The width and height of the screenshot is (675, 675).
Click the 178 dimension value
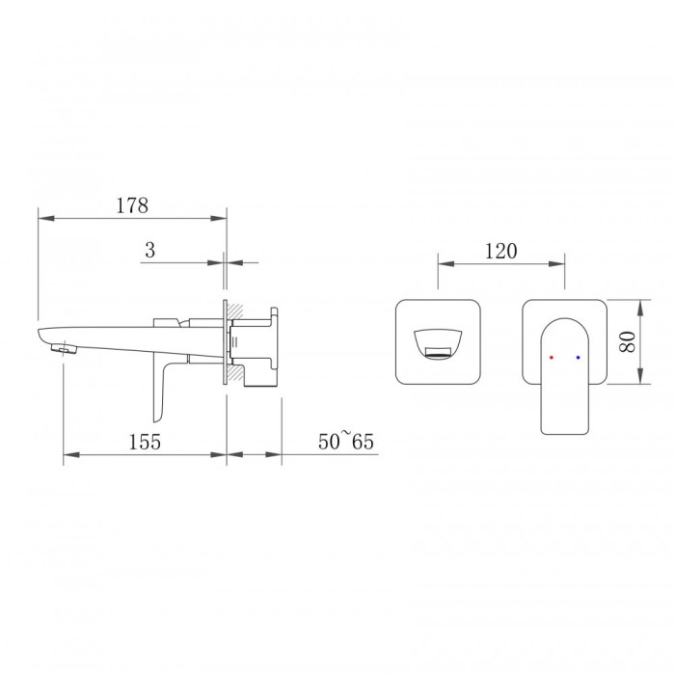[x=132, y=205]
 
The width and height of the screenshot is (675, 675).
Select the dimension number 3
[x=149, y=250]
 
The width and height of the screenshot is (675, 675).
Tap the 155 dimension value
[x=145, y=442]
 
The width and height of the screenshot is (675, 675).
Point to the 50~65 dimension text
[x=346, y=442]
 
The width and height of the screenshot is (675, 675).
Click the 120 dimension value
[x=501, y=251]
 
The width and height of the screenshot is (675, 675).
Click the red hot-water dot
[x=552, y=358]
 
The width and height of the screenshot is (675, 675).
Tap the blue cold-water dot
[x=578, y=358]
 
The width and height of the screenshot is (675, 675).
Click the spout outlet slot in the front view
[x=438, y=351]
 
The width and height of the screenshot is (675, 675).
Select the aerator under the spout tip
[x=64, y=349]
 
